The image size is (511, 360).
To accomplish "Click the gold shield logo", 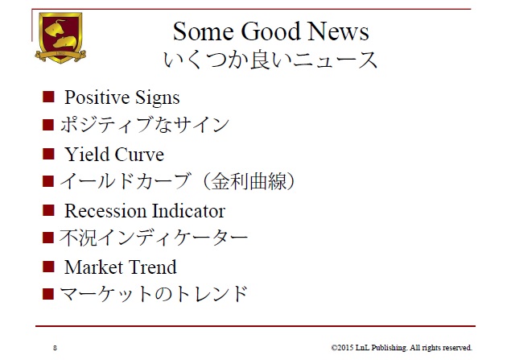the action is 60,37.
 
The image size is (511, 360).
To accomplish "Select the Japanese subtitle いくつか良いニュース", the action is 270,60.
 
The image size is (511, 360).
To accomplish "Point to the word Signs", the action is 158,97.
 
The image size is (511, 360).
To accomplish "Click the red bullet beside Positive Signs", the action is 48,97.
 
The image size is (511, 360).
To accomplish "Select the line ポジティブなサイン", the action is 145,125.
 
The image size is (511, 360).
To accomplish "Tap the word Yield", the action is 86,155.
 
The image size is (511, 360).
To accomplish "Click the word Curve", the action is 139,155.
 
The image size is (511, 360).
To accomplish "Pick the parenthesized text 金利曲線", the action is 249,181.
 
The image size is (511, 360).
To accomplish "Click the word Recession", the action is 105,211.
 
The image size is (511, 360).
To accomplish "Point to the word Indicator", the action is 188,211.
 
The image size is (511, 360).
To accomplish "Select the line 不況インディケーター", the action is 154,238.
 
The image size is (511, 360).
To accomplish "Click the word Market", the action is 93,267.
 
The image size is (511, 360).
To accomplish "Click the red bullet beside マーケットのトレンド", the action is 48,294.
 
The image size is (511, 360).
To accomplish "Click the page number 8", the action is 55,348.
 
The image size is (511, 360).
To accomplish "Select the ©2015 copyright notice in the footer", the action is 402,348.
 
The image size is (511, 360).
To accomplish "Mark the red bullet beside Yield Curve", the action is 48,154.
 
